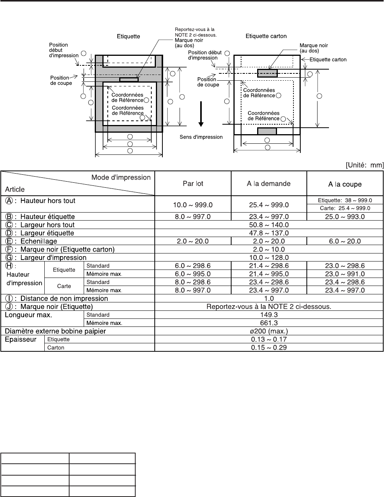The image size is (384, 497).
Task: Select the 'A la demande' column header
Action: click(x=269, y=184)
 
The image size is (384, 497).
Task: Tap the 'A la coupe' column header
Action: click(x=345, y=184)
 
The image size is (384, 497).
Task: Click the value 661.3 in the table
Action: click(x=269, y=323)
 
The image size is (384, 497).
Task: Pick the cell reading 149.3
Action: click(x=269, y=315)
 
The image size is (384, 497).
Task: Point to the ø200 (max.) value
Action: click(x=269, y=331)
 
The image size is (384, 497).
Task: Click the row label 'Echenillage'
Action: click(x=39, y=241)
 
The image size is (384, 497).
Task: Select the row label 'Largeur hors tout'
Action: click(x=47, y=225)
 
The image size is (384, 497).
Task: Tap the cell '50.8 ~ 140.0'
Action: click(x=269, y=225)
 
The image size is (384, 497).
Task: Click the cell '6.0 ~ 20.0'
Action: click(x=345, y=241)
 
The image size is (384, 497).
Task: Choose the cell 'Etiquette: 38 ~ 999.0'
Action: click(x=345, y=200)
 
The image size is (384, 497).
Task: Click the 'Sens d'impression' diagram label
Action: click(x=201, y=137)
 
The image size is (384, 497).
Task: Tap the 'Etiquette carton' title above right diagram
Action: click(x=266, y=36)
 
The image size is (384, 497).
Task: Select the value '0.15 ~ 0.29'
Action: click(x=269, y=348)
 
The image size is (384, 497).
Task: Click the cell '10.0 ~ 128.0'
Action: click(x=269, y=258)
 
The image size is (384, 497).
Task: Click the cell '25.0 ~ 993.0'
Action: click(x=345, y=217)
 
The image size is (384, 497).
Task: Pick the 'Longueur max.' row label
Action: click(x=28, y=315)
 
